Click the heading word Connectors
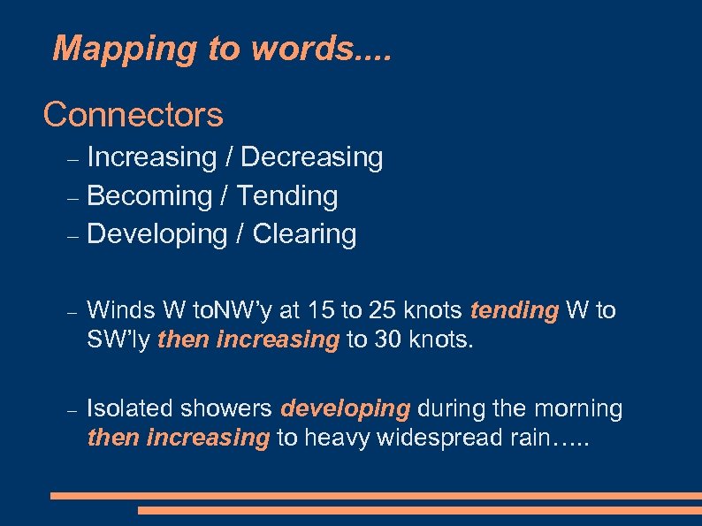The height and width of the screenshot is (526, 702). (x=133, y=114)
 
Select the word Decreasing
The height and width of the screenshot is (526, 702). (x=311, y=157)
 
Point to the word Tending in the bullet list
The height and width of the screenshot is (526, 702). (x=288, y=195)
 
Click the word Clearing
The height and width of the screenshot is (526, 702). (x=304, y=234)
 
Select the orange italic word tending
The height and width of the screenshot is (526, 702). (x=515, y=310)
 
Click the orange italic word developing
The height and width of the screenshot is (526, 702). (x=346, y=409)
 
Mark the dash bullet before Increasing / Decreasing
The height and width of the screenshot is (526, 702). (x=74, y=160)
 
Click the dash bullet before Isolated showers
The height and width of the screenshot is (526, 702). (x=74, y=412)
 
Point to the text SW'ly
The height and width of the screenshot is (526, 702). (x=118, y=339)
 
